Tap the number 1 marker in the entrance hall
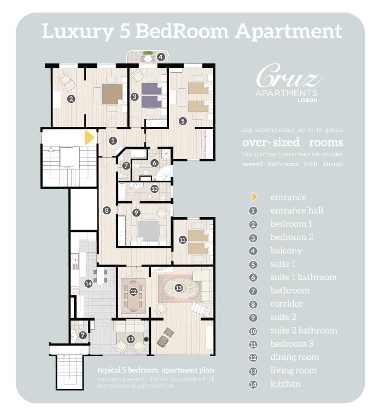[x=113, y=140]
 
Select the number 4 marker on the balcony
[x=161, y=56]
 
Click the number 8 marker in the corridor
[x=107, y=210]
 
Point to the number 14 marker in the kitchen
[x=89, y=283]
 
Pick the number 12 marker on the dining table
[x=134, y=291]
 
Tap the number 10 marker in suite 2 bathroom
[x=155, y=189]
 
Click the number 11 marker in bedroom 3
[x=183, y=239]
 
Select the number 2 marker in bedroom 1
[x=71, y=99]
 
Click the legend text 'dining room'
[x=294, y=357]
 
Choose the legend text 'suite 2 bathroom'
[x=303, y=330]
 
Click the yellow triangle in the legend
[x=254, y=197]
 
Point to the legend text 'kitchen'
[x=285, y=384]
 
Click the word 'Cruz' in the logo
[x=288, y=77]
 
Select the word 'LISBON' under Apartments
[x=307, y=100]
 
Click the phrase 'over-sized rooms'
[x=293, y=142]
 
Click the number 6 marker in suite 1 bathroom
[x=154, y=162]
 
